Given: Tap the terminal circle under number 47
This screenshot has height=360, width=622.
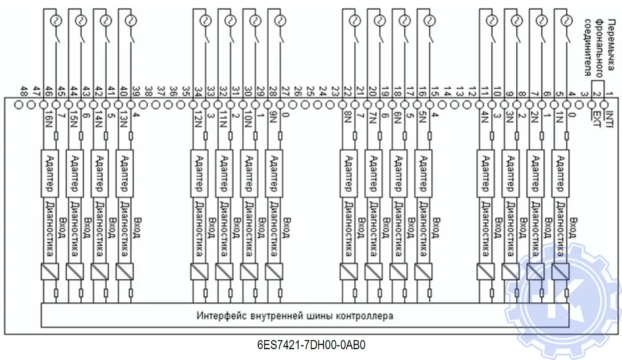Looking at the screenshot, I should (31, 105).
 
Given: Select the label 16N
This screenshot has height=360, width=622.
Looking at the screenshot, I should (49, 120).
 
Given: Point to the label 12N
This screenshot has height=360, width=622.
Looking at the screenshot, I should (198, 120).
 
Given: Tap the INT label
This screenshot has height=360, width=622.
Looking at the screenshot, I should (609, 118).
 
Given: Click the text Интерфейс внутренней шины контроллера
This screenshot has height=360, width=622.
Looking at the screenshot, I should (294, 316).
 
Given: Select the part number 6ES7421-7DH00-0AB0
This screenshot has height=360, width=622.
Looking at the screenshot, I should (311, 345).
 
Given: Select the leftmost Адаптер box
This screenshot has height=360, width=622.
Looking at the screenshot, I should (50, 173).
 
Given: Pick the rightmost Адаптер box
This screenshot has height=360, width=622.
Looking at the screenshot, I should (560, 173).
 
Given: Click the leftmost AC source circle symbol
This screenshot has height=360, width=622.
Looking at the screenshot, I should (56, 20).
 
